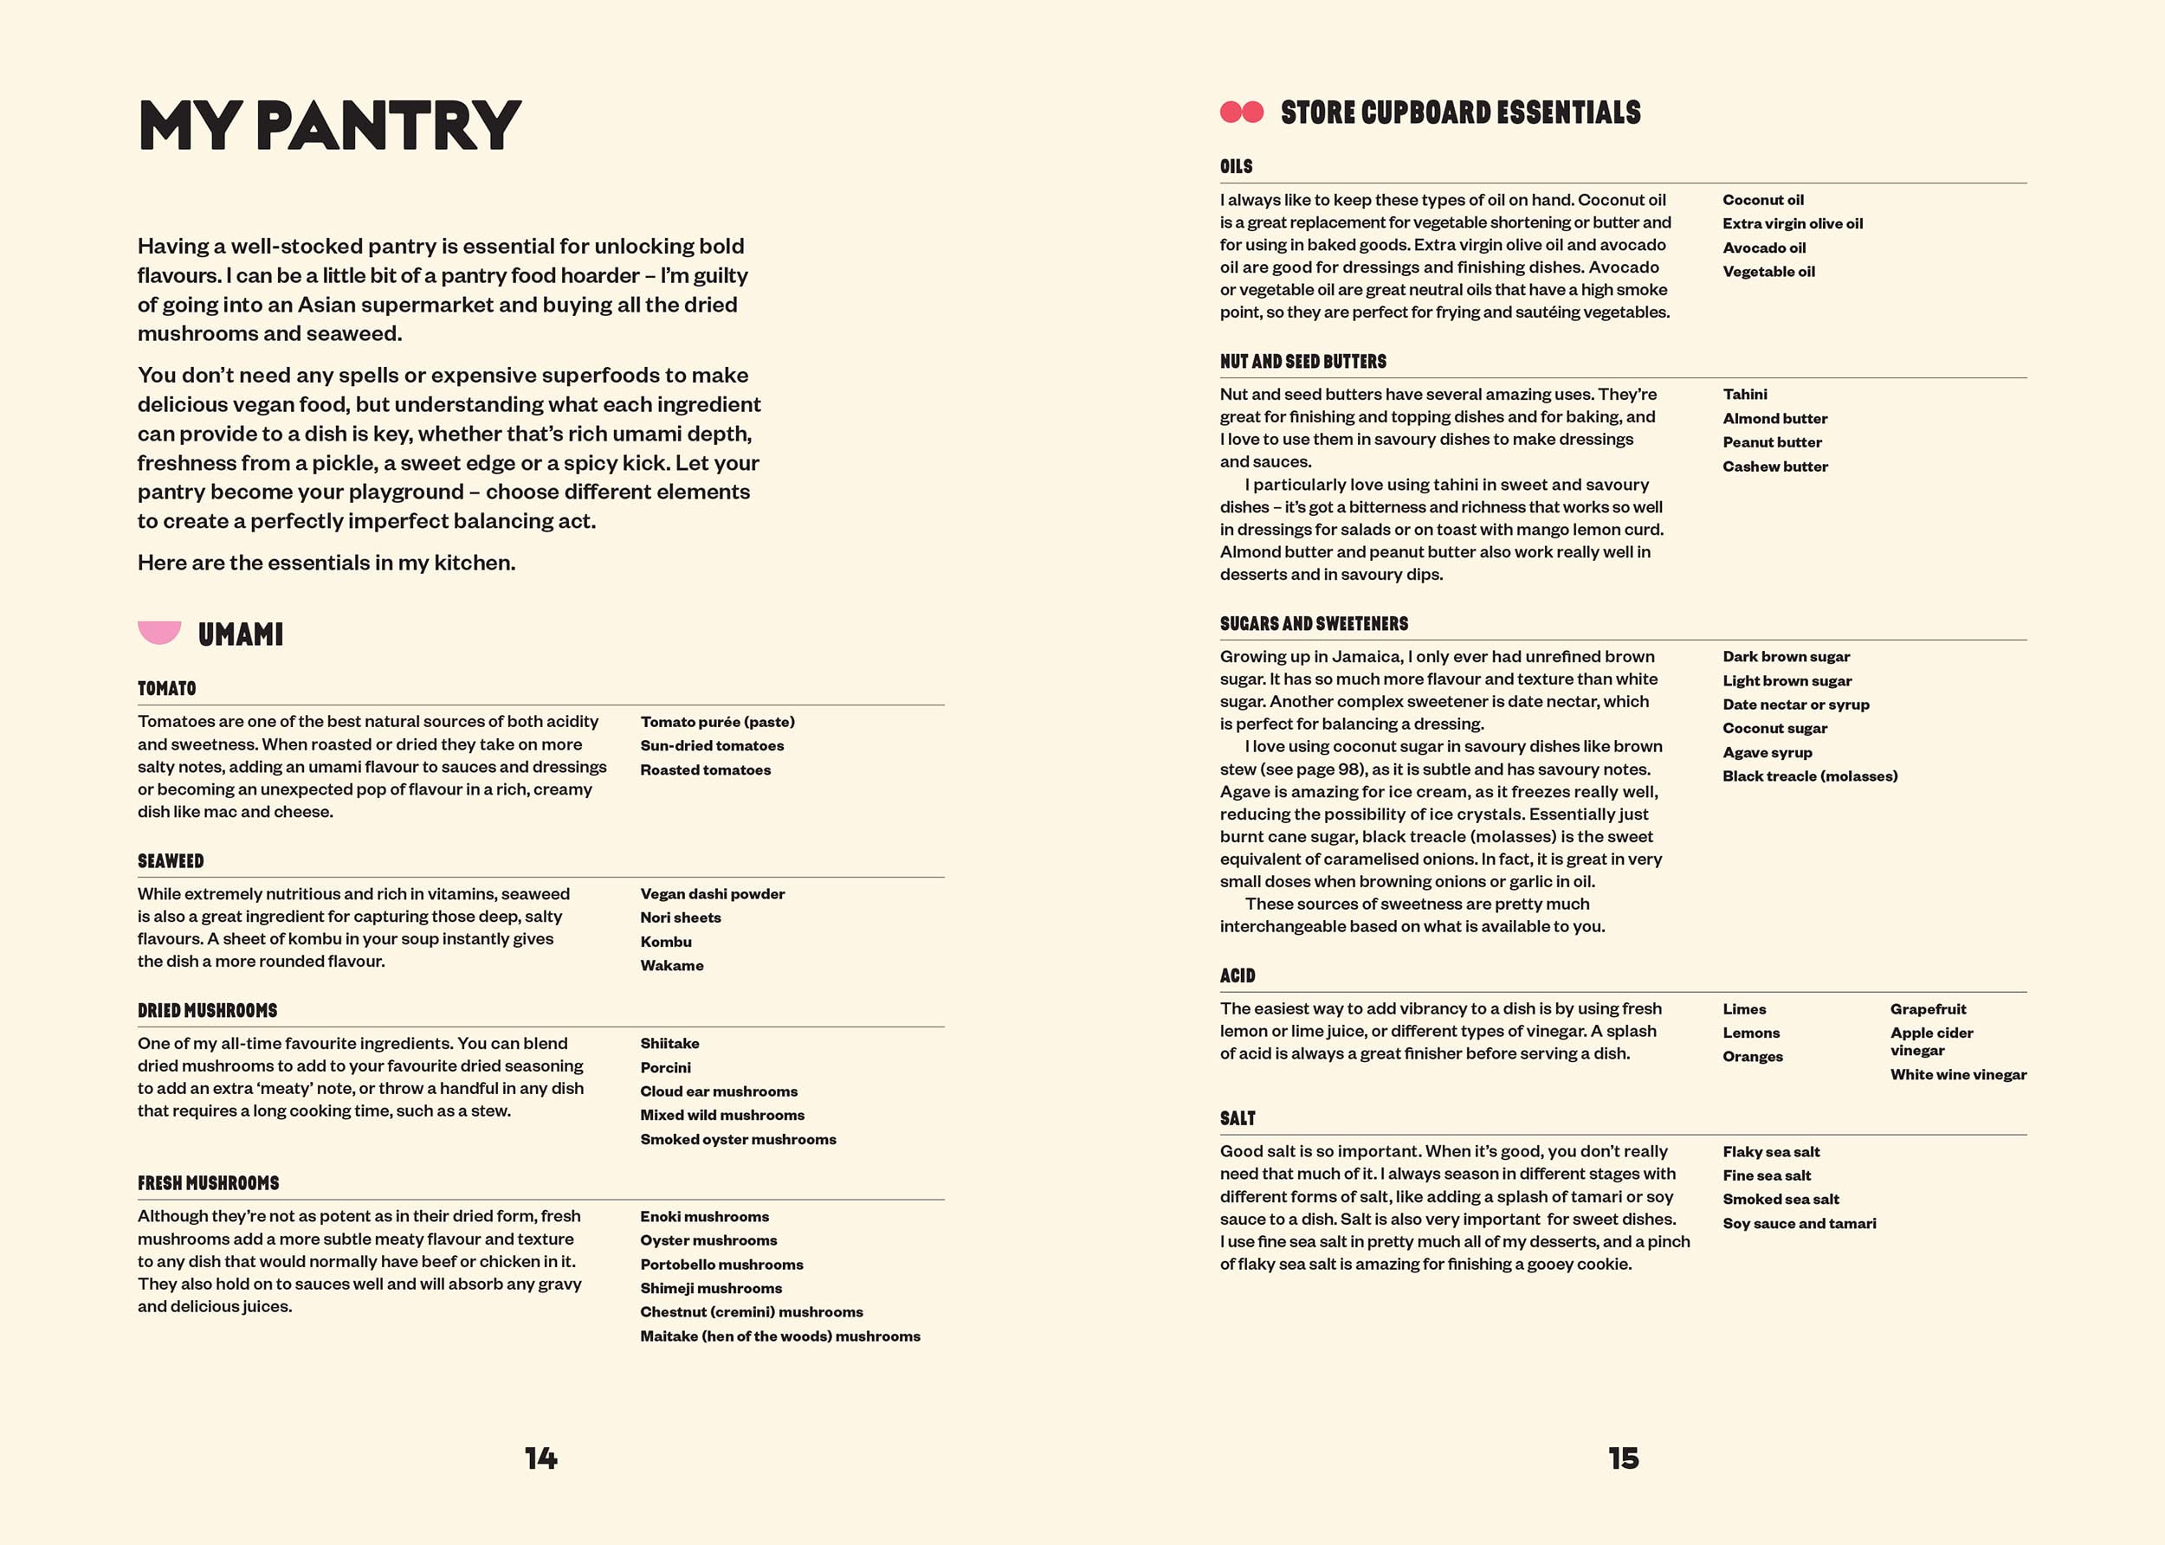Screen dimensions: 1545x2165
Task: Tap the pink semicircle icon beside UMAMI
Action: point(159,632)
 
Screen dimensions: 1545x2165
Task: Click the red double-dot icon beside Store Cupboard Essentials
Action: point(1241,113)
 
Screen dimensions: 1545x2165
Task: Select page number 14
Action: point(540,1458)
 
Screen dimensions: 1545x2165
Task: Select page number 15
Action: point(1624,1458)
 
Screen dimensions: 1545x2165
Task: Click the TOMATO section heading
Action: point(166,688)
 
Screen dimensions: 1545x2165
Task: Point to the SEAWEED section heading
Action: point(171,861)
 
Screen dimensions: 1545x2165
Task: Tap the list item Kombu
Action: point(665,942)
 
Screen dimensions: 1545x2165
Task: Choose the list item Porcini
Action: point(665,1067)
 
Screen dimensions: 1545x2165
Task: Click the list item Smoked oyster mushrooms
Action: point(738,1139)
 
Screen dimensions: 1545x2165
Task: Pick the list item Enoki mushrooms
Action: point(704,1217)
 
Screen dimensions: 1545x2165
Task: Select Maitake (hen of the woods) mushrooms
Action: point(779,1336)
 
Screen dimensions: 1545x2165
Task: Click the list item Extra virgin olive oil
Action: point(1792,223)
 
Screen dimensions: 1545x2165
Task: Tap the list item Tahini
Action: point(1744,394)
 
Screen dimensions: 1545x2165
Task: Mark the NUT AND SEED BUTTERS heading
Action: point(1302,362)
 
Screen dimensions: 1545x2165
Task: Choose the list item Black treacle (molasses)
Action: point(1809,776)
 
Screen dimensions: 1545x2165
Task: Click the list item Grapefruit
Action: point(1927,1009)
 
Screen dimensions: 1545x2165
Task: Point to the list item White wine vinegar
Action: point(1957,1075)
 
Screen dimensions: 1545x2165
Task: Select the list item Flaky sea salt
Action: point(1770,1152)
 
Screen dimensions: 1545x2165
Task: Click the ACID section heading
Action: point(1238,976)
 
